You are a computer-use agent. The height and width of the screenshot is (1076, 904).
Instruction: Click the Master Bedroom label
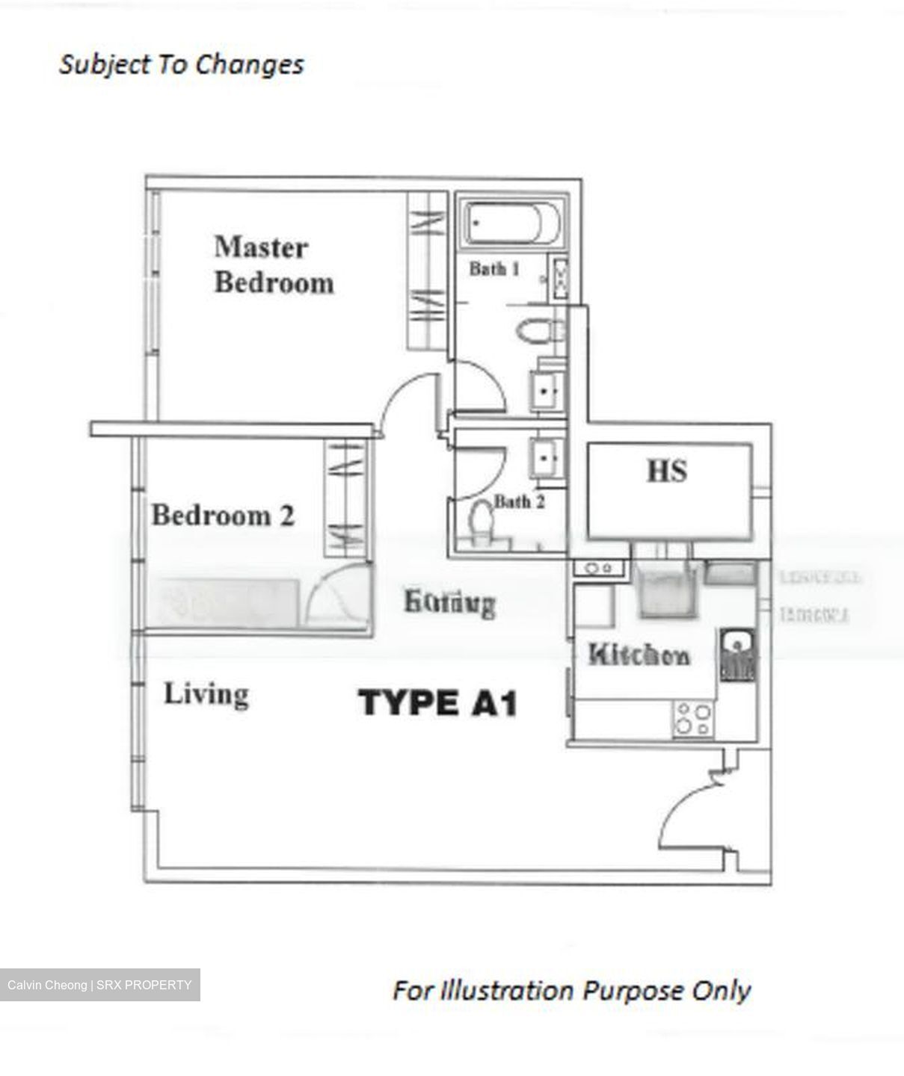pyautogui.click(x=273, y=265)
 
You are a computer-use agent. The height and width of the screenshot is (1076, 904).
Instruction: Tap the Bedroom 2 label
pyautogui.click(x=223, y=516)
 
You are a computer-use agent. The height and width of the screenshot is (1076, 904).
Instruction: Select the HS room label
pyautogui.click(x=667, y=471)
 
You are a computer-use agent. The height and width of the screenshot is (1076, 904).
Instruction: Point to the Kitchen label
pyautogui.click(x=639, y=655)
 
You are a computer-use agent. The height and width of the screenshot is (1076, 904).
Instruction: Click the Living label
pyautogui.click(x=206, y=694)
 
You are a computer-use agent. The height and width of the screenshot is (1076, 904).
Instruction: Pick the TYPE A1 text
pyautogui.click(x=438, y=703)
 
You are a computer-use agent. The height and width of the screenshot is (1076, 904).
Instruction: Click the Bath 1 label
pyautogui.click(x=494, y=268)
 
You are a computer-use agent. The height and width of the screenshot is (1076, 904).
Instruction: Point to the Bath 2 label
pyautogui.click(x=519, y=502)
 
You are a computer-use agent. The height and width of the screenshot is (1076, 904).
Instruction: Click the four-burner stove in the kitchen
pyautogui.click(x=692, y=719)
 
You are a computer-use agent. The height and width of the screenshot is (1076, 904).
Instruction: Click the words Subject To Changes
pyautogui.click(x=182, y=64)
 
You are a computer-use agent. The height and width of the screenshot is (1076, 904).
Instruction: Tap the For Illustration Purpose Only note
pyautogui.click(x=571, y=991)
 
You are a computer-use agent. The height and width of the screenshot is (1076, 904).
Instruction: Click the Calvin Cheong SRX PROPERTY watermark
pyautogui.click(x=99, y=985)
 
